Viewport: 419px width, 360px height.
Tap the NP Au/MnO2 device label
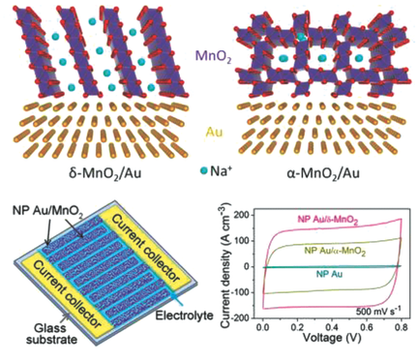(50, 205)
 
